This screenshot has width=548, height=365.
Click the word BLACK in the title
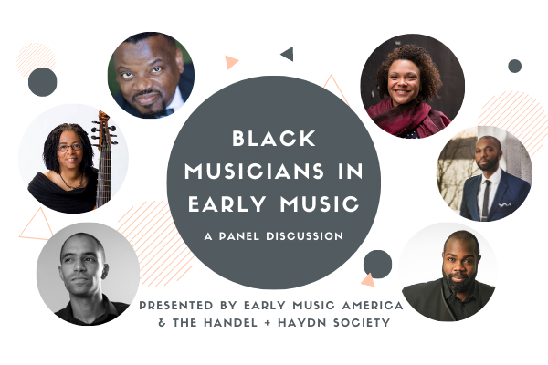pyautogui.click(x=274, y=139)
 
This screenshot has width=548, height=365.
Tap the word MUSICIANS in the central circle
pyautogui.click(x=255, y=172)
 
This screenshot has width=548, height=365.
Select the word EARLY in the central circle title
pyautogui.click(x=227, y=203)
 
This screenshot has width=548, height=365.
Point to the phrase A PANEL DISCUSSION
pyautogui.click(x=274, y=236)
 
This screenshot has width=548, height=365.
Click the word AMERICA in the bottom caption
pyautogui.click(x=373, y=306)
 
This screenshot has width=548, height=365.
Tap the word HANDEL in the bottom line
pyautogui.click(x=230, y=322)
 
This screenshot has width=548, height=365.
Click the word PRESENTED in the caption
pyautogui.click(x=176, y=306)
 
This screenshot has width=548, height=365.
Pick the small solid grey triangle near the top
pyautogui.click(x=288, y=54)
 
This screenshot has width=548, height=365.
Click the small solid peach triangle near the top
pyautogui.click(x=230, y=62)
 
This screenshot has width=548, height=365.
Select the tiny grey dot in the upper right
pyautogui.click(x=514, y=66)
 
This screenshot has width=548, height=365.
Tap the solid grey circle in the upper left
pyautogui.click(x=42, y=82)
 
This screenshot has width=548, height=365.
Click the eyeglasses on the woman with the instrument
pyautogui.click(x=69, y=147)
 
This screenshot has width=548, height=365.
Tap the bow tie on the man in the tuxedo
pyautogui.click(x=167, y=112)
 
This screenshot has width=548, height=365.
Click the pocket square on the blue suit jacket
pyautogui.click(x=505, y=204)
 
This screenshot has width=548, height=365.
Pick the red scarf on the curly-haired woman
pyautogui.click(x=408, y=117)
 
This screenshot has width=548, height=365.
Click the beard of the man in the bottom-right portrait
pyautogui.click(x=458, y=281)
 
